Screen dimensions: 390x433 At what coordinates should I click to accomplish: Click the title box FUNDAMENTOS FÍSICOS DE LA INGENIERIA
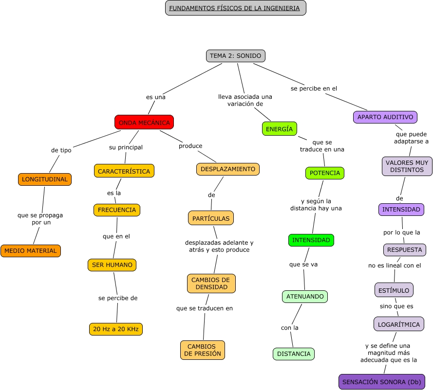pyautogui.click(x=236, y=8)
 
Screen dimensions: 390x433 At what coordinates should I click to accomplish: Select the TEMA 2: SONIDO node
pyautogui.click(x=236, y=56)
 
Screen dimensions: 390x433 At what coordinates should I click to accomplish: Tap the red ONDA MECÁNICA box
pyautogui.click(x=144, y=123)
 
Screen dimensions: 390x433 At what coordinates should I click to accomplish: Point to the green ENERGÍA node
pyautogui.click(x=279, y=129)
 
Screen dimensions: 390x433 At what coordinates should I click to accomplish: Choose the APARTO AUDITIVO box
pyautogui.click(x=385, y=117)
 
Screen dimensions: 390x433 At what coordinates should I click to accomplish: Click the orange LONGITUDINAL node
pyautogui.click(x=45, y=179)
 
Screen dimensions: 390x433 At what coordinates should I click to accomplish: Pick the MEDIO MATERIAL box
pyautogui.click(x=31, y=251)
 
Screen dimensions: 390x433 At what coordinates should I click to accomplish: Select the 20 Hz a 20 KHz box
pyautogui.click(x=116, y=329)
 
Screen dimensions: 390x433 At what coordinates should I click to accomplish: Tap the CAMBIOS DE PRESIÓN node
pyautogui.click(x=203, y=350)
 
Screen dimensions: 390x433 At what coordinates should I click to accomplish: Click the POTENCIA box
pyautogui.click(x=325, y=173)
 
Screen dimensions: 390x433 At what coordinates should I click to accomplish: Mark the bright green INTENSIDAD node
pyautogui.click(x=311, y=240)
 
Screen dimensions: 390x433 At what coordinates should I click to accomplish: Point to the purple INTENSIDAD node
pyautogui.click(x=401, y=210)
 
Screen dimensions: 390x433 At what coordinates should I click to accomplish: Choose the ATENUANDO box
pyautogui.click(x=305, y=297)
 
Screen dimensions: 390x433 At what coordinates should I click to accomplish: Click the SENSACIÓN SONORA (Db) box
pyautogui.click(x=381, y=382)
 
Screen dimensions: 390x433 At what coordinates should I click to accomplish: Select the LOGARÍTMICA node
pyautogui.click(x=399, y=324)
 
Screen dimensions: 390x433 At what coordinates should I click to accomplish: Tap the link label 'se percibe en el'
pyautogui.click(x=314, y=89)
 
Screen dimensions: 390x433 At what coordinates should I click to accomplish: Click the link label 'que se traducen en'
pyautogui.click(x=205, y=308)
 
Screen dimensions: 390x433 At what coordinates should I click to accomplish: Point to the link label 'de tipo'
pyautogui.click(x=61, y=150)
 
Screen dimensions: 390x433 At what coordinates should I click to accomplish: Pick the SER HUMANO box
pyautogui.click(x=112, y=265)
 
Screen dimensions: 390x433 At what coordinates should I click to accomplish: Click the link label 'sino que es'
pyautogui.click(x=396, y=306)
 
